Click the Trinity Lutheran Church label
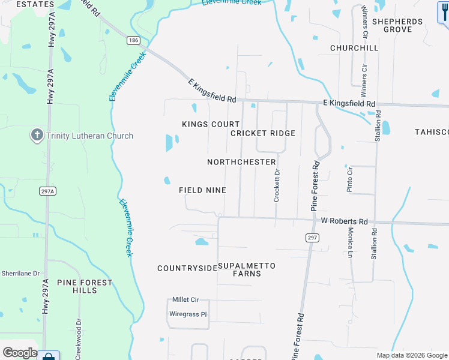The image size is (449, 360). (x=89, y=136)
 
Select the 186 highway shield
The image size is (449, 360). (x=133, y=41)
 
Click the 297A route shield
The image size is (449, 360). (x=48, y=191)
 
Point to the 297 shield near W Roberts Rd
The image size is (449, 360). (x=312, y=238)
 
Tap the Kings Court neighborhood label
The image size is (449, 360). (x=202, y=124)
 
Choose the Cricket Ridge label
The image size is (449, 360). (x=263, y=133)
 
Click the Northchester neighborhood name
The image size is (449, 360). (x=241, y=162)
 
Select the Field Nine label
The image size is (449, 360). (x=202, y=190)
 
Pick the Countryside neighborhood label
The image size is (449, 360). (x=187, y=268)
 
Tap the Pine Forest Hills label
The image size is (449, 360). (x=85, y=286)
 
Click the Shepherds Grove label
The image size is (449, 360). (x=397, y=25)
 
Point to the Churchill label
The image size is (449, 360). (x=354, y=48)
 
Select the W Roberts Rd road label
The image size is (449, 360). (x=344, y=221)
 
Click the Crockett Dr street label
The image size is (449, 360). (x=277, y=185)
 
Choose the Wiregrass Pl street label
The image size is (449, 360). (x=188, y=313)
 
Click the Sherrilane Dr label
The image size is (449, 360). (x=21, y=272)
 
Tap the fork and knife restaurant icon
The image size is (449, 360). (x=443, y=11)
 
